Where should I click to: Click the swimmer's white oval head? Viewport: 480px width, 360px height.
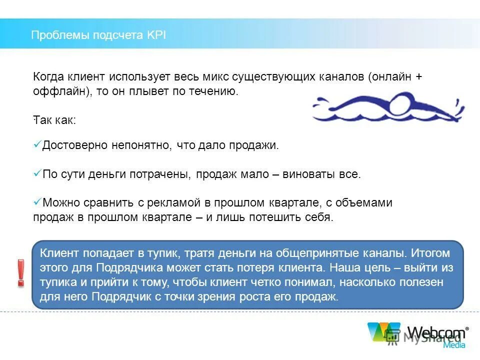tap(401, 103)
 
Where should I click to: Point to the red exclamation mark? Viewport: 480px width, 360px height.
tap(20, 273)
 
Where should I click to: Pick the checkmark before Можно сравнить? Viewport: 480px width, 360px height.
tap(37, 202)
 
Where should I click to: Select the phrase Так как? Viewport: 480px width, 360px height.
tap(55, 120)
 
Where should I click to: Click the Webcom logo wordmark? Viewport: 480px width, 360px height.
tap(436, 332)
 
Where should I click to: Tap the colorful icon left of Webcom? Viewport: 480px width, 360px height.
tap(384, 332)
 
